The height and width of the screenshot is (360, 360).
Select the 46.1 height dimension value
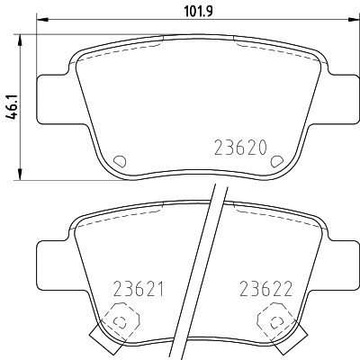tap(12, 105)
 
